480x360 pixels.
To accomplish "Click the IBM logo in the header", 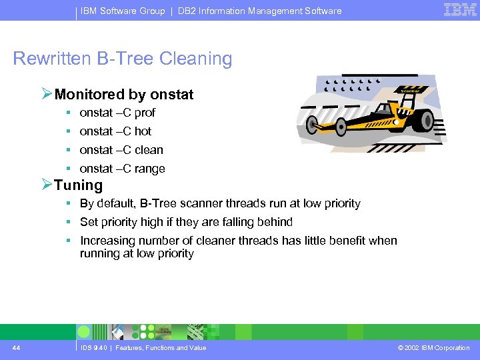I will pos(460,9).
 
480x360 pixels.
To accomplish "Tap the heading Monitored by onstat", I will pos(124,95).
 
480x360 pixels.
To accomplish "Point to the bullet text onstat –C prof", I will pos(117,113).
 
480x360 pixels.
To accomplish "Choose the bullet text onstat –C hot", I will pos(115,131).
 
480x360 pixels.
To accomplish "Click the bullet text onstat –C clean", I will pos(121,150).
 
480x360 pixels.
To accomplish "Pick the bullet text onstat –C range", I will pos(122,169).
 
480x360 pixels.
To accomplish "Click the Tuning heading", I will pos(79,185).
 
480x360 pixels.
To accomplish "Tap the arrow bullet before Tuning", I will pos(47,185).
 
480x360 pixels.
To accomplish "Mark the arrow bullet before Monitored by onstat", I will pos(47,94).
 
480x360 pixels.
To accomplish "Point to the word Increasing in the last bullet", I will pos(109,241).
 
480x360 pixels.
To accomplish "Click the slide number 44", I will pos(15,347).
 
